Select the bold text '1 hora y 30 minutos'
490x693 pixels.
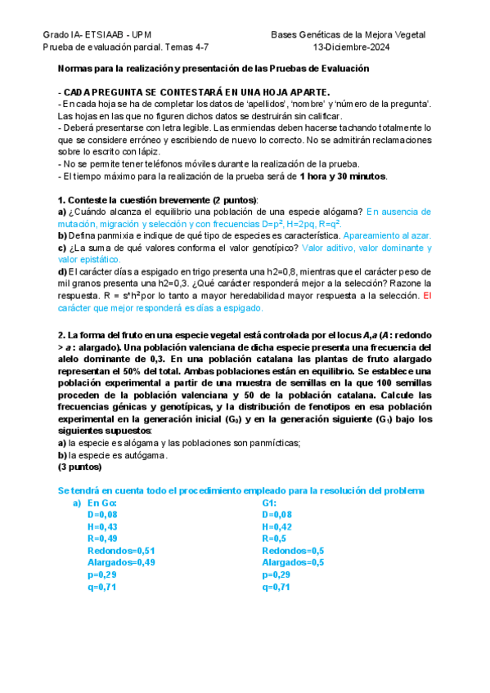coord(344,176)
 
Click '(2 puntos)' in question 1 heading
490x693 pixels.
coord(232,200)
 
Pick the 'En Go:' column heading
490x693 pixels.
coord(102,503)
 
